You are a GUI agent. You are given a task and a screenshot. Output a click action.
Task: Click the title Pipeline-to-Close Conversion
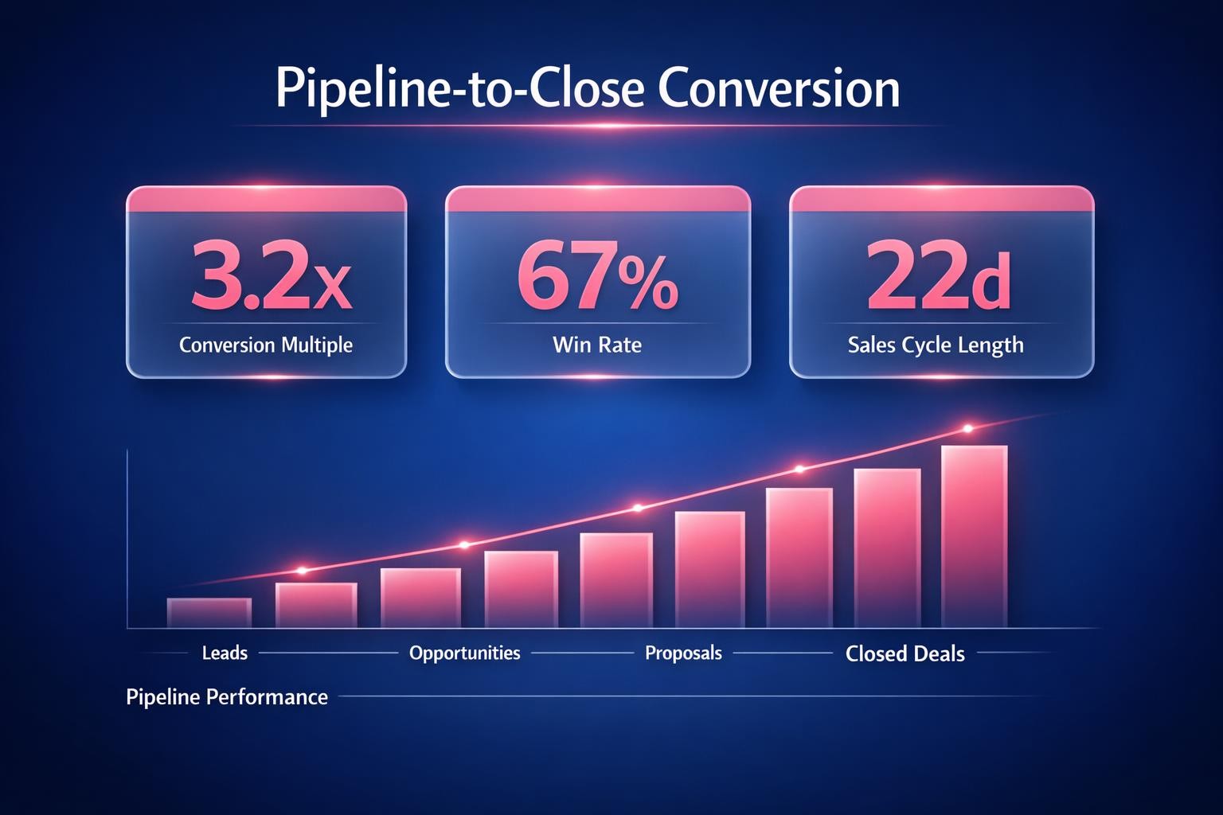(588, 89)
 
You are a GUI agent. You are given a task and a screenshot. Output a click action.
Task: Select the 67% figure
(597, 279)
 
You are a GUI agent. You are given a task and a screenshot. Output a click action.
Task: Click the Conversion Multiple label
(266, 345)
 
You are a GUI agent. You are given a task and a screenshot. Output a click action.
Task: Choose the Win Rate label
(597, 345)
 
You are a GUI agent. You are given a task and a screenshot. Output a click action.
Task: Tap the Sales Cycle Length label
(936, 345)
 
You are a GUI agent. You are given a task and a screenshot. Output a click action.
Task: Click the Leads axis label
(225, 653)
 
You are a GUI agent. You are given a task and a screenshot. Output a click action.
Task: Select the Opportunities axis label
(464, 653)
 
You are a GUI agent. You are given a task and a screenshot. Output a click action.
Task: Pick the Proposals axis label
(683, 653)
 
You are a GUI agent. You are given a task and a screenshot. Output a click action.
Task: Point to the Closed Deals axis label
(905, 654)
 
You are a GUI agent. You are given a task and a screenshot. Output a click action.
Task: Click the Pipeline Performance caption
(227, 697)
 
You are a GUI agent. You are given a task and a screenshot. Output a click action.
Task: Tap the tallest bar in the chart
(975, 537)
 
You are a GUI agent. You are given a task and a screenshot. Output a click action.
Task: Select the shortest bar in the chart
(209, 613)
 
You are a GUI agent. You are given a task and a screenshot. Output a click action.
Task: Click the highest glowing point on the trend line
(968, 429)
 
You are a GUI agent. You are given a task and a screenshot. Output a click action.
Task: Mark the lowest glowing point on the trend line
(302, 570)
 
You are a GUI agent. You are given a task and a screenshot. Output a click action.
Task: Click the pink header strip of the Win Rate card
(597, 200)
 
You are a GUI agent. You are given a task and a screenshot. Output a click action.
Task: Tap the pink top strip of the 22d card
(941, 200)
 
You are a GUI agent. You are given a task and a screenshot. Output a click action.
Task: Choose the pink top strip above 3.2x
(266, 200)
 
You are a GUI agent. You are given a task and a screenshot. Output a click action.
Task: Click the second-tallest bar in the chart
(887, 548)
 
